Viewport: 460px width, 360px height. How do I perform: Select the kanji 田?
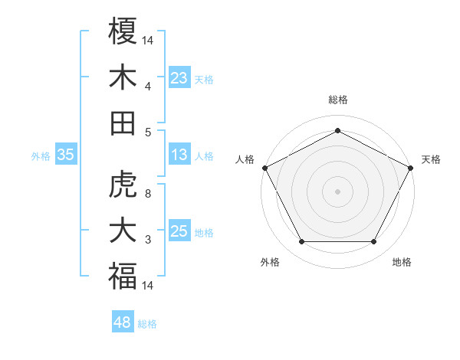click(123, 122)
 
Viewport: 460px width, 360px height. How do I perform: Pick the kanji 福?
click(123, 275)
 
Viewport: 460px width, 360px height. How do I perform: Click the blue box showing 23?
click(179, 77)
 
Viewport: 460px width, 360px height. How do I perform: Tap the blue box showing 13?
click(179, 155)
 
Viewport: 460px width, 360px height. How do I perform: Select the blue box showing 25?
click(179, 231)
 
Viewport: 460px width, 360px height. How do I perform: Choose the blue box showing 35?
click(66, 155)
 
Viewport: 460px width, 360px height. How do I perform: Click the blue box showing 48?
click(123, 322)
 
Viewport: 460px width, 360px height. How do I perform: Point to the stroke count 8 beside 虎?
click(148, 194)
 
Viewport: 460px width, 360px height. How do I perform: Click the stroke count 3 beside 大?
click(148, 241)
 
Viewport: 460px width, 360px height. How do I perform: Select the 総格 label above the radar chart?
click(337, 100)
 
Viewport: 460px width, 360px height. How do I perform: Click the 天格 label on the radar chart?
click(431, 159)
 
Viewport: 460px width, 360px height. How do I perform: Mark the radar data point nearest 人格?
click(264, 168)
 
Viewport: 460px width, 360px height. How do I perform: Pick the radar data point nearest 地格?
click(374, 241)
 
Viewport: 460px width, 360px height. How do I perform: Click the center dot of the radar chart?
click(337, 191)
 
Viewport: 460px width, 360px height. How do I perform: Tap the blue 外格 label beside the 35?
click(41, 156)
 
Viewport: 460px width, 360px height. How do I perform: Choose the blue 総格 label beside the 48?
click(147, 323)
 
